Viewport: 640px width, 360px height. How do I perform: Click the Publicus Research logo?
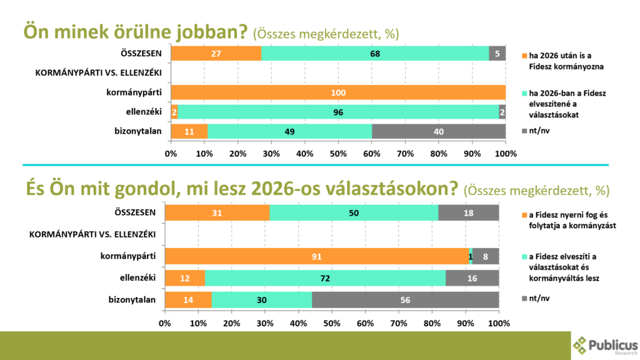(x=605, y=344)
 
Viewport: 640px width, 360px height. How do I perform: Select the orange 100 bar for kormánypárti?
(x=337, y=92)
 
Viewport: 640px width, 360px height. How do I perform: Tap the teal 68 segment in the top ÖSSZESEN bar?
(x=375, y=54)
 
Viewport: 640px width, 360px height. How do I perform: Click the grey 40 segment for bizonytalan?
(x=438, y=131)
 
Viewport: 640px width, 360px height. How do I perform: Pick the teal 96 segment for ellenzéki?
(x=337, y=112)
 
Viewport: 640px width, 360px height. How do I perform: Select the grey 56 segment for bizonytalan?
(x=405, y=299)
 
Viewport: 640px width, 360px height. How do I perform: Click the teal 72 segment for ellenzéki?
(x=325, y=277)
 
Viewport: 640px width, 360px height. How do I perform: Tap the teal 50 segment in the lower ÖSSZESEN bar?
(x=354, y=213)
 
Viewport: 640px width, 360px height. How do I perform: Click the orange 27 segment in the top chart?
(x=216, y=54)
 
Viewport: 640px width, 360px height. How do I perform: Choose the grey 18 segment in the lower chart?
(x=468, y=213)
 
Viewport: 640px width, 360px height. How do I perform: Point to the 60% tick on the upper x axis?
(x=371, y=154)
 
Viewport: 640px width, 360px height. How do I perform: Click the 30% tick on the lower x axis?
(x=265, y=324)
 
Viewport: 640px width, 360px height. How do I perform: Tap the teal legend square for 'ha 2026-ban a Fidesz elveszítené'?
(x=524, y=94)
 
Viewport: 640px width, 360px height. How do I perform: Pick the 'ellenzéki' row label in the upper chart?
(x=142, y=112)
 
